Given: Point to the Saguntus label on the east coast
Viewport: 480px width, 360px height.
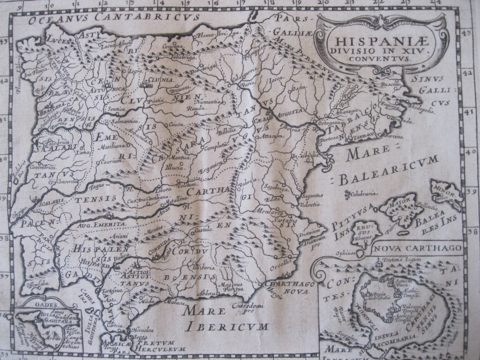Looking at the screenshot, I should pos(312,195).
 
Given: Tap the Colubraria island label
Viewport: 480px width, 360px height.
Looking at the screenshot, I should pos(363,193).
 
